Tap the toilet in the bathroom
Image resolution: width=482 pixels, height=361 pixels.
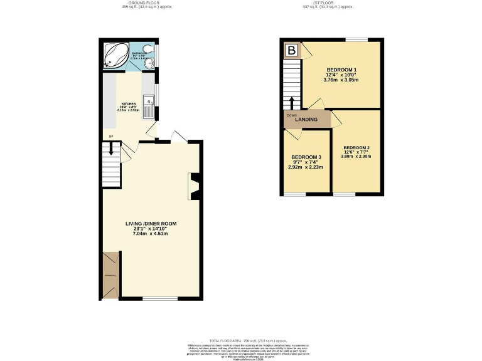click(147, 50)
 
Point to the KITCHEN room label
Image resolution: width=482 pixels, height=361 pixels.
click(129, 103)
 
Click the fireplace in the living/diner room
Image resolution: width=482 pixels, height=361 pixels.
click(193, 186)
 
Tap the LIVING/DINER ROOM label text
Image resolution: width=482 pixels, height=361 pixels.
click(151, 223)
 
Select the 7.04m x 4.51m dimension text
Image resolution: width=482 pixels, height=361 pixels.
click(151, 234)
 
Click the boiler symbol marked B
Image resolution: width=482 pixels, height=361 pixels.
click(291, 50)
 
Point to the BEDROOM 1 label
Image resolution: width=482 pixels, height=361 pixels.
click(342, 69)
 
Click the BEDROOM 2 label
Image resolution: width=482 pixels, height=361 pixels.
click(356, 148)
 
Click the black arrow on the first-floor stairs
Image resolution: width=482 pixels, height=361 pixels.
click(292, 103)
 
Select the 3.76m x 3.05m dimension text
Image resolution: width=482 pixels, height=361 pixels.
click(342, 80)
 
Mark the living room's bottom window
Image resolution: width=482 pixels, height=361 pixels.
click(156, 298)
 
